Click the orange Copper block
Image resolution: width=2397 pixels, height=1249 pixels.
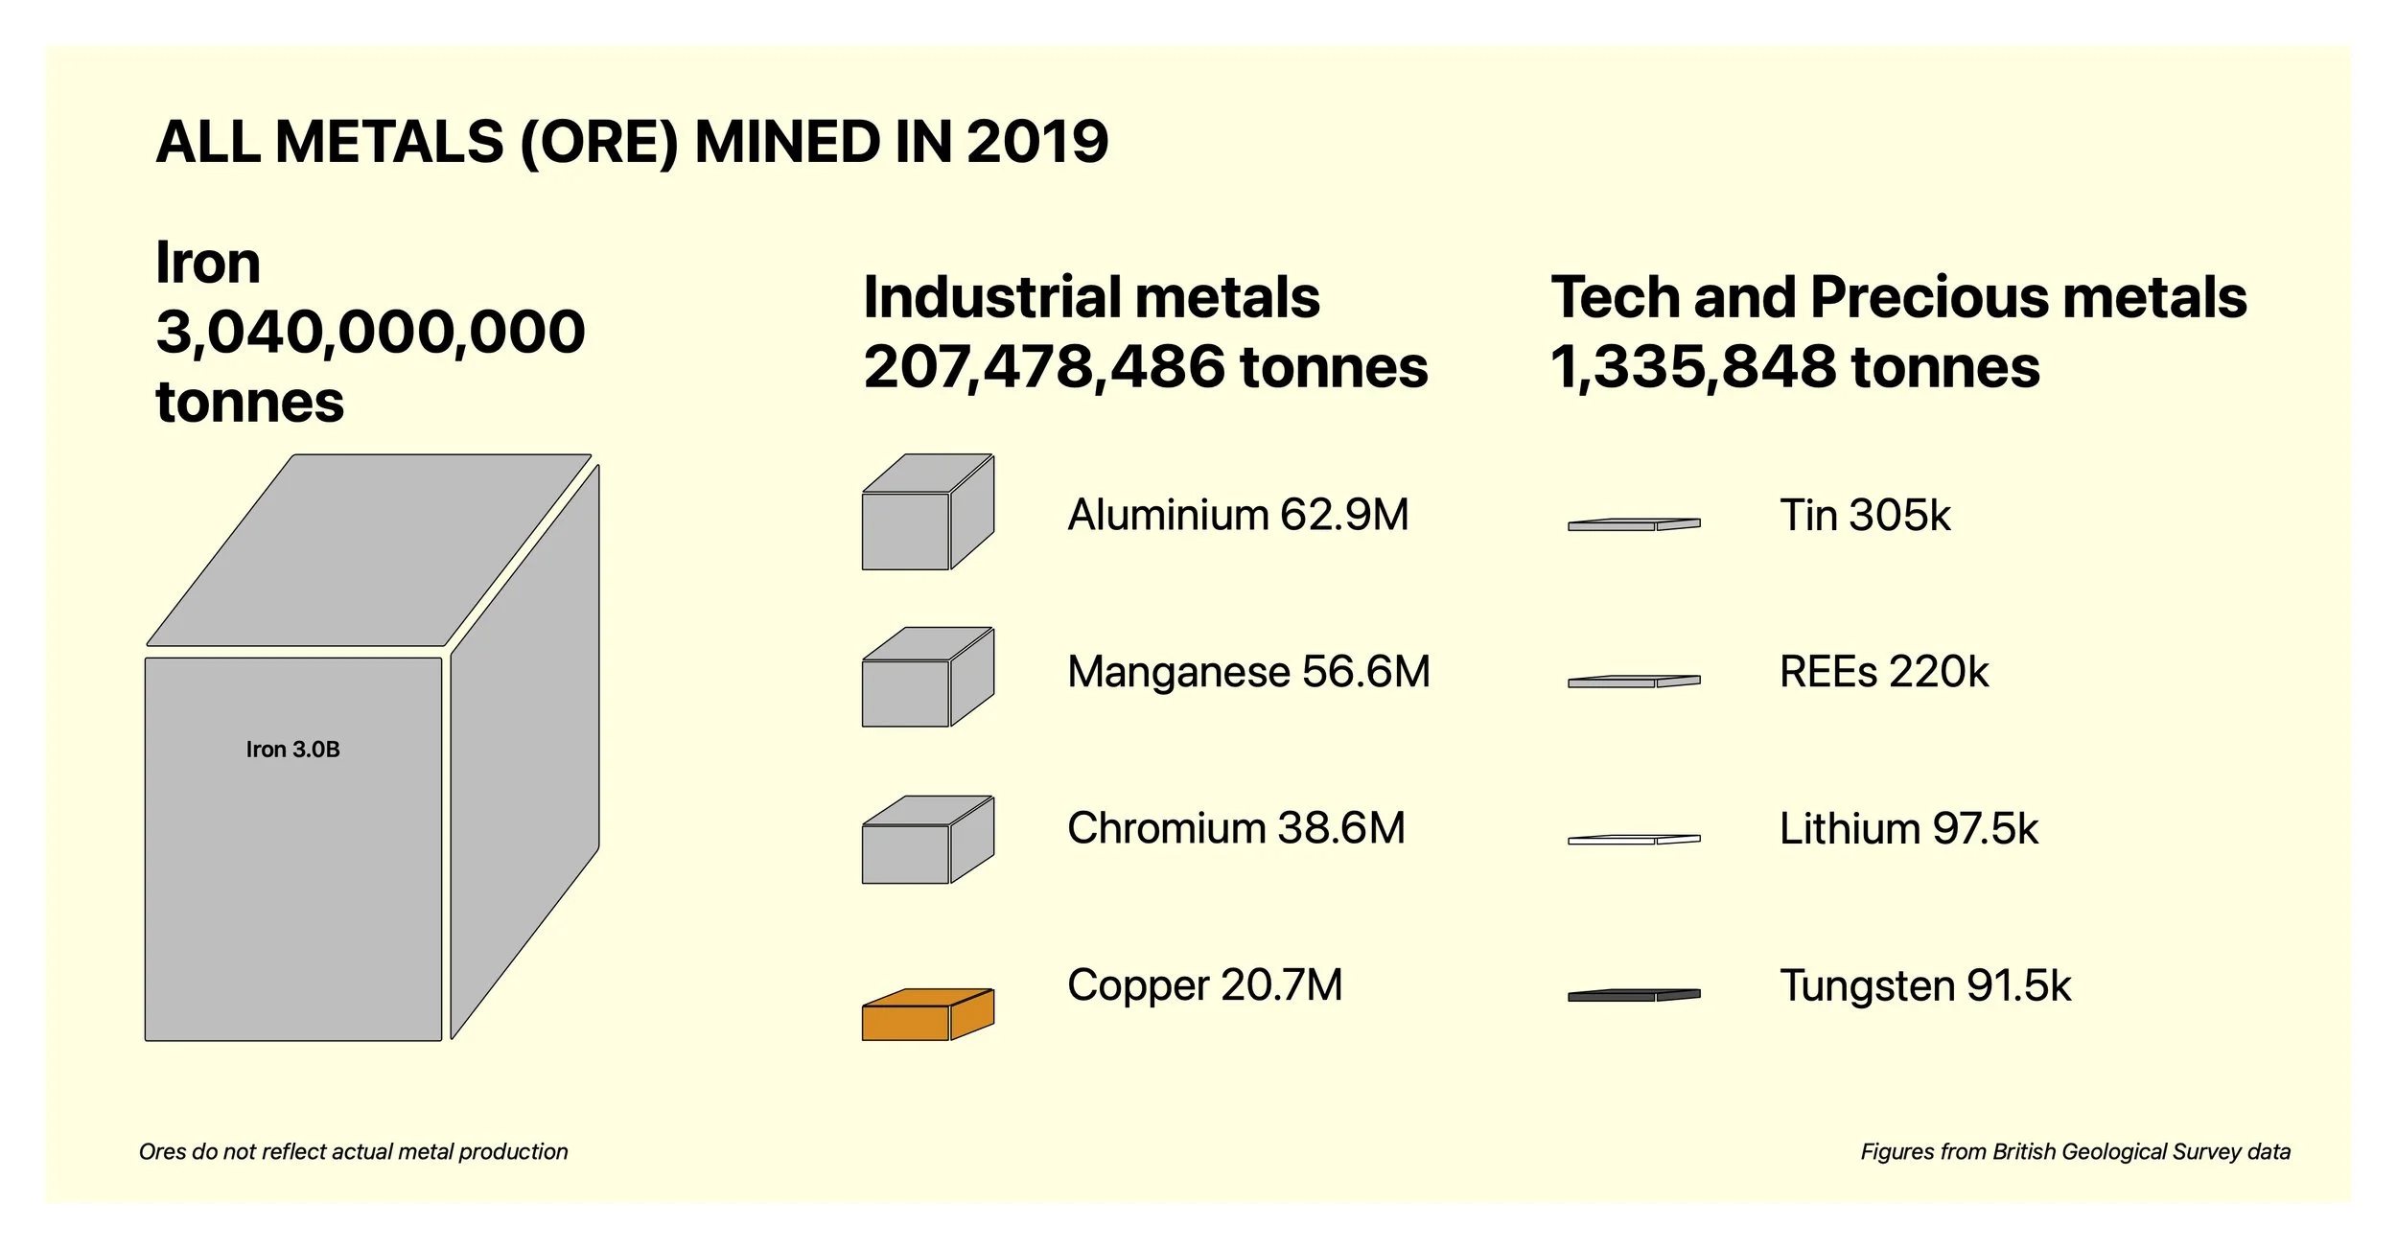pos(926,1016)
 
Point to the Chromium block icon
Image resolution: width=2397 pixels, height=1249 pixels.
pos(926,842)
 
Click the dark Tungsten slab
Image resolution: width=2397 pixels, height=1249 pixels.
pos(1633,995)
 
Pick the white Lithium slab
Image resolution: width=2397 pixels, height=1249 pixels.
pos(1633,839)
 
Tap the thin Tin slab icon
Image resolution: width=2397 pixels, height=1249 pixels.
pos(1633,524)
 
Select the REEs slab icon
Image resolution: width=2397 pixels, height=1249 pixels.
pos(1633,681)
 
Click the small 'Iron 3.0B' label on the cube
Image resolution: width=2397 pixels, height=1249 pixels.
pos(292,749)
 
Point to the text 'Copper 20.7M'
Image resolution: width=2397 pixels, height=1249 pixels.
pos(1204,985)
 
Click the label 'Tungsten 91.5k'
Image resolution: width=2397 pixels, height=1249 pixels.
pos(1924,985)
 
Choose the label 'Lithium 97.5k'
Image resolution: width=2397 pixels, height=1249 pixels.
pos(1908,828)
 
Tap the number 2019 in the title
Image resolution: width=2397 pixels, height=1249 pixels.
pos(1036,142)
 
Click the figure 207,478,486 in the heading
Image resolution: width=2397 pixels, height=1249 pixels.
pos(1044,367)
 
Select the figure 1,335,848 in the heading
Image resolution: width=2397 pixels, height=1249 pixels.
pos(1693,367)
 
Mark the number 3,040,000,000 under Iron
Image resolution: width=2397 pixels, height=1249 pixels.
pos(370,332)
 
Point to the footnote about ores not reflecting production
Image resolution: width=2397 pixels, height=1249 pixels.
pos(353,1151)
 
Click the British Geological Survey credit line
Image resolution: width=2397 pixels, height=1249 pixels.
pos(2075,1151)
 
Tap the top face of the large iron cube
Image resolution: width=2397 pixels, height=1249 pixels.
pos(369,549)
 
